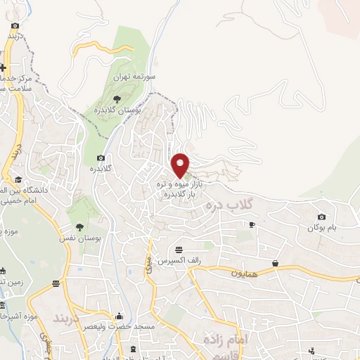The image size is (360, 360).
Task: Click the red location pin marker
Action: (x=181, y=165)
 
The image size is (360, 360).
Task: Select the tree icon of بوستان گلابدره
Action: (x=117, y=98)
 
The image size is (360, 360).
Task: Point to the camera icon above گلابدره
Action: (x=101, y=157)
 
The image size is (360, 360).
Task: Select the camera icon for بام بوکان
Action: (x=321, y=217)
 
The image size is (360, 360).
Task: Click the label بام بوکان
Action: (x=321, y=228)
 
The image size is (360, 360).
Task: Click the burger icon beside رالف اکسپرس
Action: (x=179, y=250)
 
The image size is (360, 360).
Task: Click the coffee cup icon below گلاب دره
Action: (x=252, y=224)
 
